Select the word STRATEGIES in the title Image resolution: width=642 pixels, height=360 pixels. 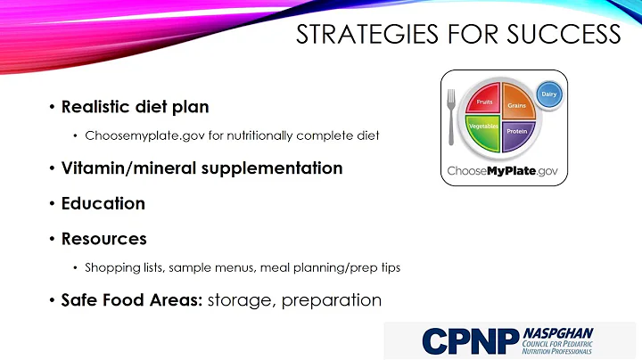(350, 35)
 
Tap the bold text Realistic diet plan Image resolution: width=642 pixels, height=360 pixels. (135, 107)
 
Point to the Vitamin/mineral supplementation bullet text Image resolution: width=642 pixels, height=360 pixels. (202, 168)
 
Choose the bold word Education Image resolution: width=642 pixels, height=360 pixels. (103, 203)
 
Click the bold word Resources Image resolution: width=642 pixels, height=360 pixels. (103, 239)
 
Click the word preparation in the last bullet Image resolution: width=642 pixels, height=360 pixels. (332, 300)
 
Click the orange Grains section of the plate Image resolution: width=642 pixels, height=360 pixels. (517, 106)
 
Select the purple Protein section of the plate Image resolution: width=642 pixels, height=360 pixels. (516, 131)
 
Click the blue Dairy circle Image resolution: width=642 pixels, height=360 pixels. (549, 93)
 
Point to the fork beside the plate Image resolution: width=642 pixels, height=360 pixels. (452, 117)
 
